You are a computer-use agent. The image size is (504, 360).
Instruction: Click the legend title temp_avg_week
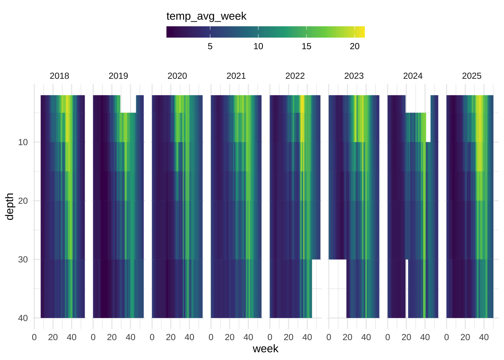(x=206, y=16)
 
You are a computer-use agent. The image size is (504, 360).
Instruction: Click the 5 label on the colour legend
(x=210, y=46)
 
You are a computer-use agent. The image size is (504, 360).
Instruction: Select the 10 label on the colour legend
(x=258, y=46)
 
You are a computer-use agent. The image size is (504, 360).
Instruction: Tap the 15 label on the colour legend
(x=306, y=46)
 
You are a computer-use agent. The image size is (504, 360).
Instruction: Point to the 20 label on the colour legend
(x=354, y=46)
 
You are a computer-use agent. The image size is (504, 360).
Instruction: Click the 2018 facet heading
(x=59, y=76)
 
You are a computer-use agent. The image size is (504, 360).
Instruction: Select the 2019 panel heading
(x=118, y=76)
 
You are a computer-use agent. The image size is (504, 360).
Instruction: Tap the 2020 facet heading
(x=177, y=76)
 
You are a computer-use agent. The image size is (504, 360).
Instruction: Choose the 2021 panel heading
(x=236, y=76)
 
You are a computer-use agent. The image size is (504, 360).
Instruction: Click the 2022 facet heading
(x=295, y=76)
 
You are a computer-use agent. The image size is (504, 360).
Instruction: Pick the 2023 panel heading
(x=354, y=76)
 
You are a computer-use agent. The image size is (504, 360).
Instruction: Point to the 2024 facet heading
(x=412, y=76)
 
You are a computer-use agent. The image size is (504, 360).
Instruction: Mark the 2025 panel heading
(x=471, y=76)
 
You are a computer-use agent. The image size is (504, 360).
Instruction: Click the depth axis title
(x=10, y=206)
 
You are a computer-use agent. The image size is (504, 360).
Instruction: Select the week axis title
(x=265, y=349)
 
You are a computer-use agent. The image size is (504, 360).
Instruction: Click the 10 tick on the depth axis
(x=23, y=142)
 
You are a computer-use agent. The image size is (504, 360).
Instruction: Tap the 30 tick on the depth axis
(x=23, y=259)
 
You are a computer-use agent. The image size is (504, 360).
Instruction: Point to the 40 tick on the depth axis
(x=23, y=318)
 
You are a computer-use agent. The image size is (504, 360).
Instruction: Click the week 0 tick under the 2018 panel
(x=34, y=337)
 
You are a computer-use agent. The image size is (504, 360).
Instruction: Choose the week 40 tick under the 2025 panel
(x=484, y=337)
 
